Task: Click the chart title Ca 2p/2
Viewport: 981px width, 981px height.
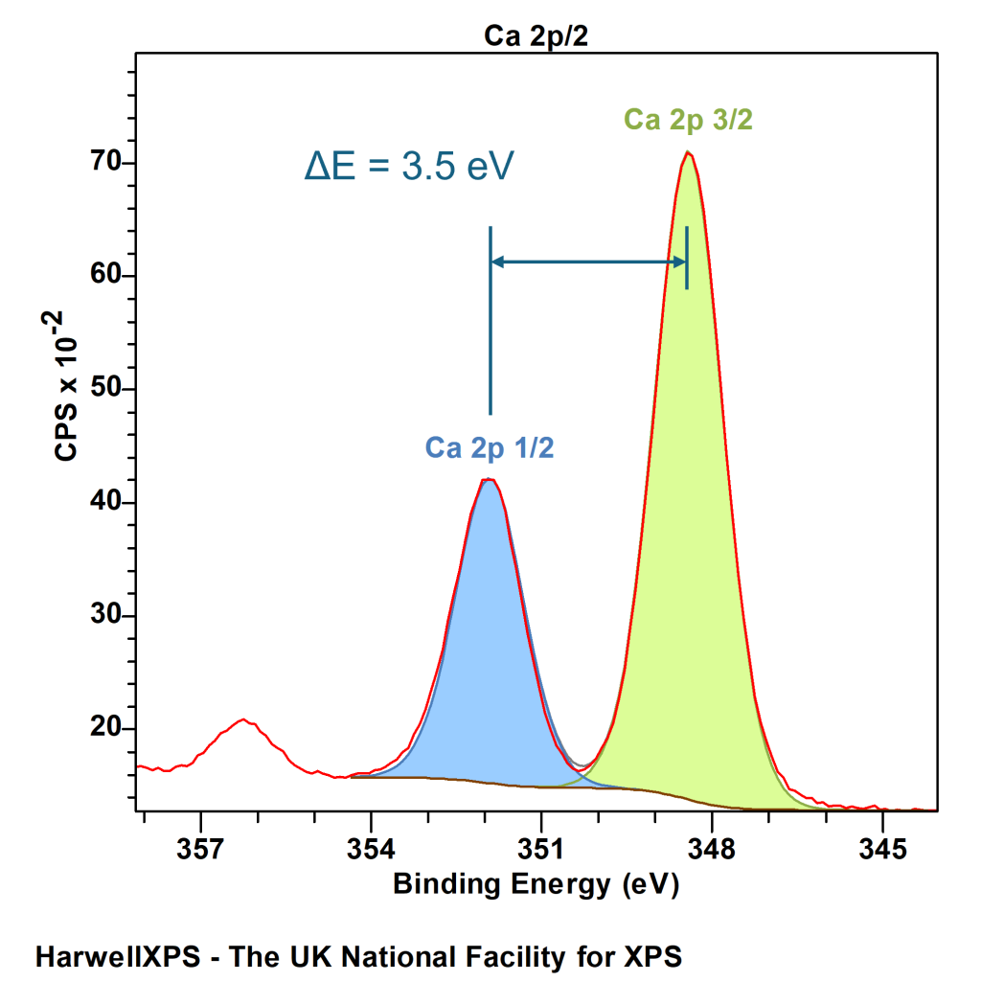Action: click(x=536, y=36)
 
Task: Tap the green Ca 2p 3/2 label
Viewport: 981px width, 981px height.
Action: click(x=688, y=119)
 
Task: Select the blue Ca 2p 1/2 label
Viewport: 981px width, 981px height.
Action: click(x=490, y=447)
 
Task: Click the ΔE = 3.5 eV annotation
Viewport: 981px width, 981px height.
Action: click(x=409, y=166)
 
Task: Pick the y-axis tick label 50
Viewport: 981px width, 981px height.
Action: click(x=105, y=388)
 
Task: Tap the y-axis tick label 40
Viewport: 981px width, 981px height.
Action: click(x=105, y=501)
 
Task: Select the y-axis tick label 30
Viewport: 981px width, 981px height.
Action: click(x=105, y=614)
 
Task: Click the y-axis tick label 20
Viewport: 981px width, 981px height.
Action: click(x=105, y=728)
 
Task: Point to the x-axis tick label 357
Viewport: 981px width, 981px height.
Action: click(x=200, y=849)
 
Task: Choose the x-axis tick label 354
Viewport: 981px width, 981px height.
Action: click(x=371, y=849)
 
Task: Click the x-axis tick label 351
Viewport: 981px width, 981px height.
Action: click(x=541, y=849)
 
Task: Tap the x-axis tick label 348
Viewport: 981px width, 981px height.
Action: click(x=712, y=849)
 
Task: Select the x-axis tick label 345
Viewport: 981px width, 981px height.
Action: click(x=882, y=849)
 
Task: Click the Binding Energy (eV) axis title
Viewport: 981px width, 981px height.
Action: click(x=536, y=884)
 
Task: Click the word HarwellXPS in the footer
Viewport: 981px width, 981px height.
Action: click(x=118, y=957)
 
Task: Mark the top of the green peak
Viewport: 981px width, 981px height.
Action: click(x=688, y=152)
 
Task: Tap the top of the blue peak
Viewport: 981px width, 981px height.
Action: click(x=490, y=479)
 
